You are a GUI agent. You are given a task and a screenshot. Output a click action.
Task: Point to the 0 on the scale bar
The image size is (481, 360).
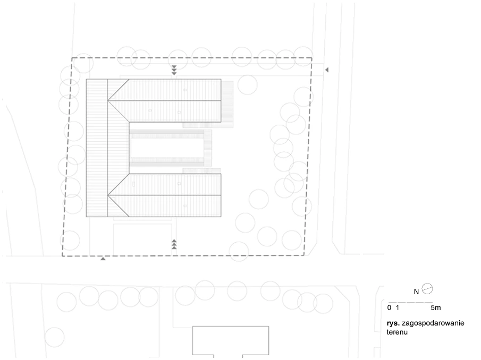[389, 307]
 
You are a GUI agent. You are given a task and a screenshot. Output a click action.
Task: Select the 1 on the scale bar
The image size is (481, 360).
[397, 307]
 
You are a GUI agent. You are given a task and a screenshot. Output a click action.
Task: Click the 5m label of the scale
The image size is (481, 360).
[435, 307]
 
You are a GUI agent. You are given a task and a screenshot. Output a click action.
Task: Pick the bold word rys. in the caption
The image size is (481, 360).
[394, 323]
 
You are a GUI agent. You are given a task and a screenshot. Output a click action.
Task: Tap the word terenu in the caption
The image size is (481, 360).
[397, 331]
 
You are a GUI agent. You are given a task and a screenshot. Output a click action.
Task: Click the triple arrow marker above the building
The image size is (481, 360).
[174, 70]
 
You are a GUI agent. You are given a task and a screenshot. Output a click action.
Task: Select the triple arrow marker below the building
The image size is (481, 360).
[174, 244]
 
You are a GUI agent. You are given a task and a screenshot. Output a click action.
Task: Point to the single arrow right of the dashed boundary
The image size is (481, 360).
[327, 70]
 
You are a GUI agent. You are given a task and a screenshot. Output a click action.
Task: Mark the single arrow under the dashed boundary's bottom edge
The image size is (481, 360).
[103, 259]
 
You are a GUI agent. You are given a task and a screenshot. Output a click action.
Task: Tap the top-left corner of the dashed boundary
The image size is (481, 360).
[72, 58]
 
